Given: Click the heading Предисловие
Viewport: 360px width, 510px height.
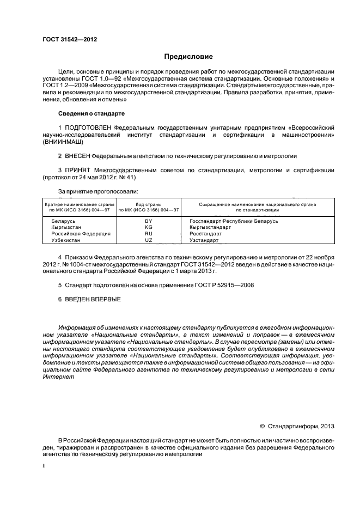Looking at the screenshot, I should tap(188, 56).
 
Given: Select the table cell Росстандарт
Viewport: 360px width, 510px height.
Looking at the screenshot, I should tap(205, 233).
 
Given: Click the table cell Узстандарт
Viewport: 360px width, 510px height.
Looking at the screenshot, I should tap(204, 240).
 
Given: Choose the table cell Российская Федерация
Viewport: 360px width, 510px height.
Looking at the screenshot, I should tap(74, 233).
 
